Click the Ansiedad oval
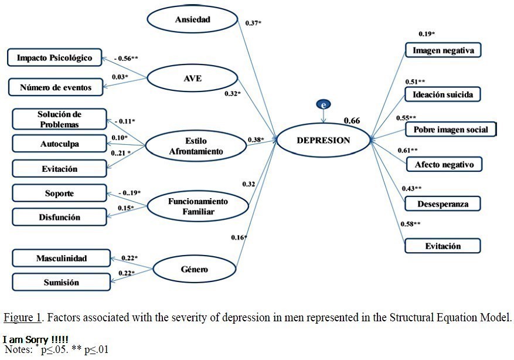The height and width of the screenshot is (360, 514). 192,20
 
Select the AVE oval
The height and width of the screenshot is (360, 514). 192,78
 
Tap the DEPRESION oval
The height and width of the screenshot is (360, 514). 323,140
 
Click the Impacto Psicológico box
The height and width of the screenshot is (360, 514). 54,57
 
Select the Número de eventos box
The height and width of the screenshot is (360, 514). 56,87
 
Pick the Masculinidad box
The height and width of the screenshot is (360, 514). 61,258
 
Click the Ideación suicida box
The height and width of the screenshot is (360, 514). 443,93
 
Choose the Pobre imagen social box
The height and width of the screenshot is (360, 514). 450,129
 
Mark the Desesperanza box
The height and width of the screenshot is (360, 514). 444,203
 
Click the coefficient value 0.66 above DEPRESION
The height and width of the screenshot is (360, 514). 352,121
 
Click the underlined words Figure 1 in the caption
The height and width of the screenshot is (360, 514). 22,318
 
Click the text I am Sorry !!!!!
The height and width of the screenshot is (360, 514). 35,340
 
